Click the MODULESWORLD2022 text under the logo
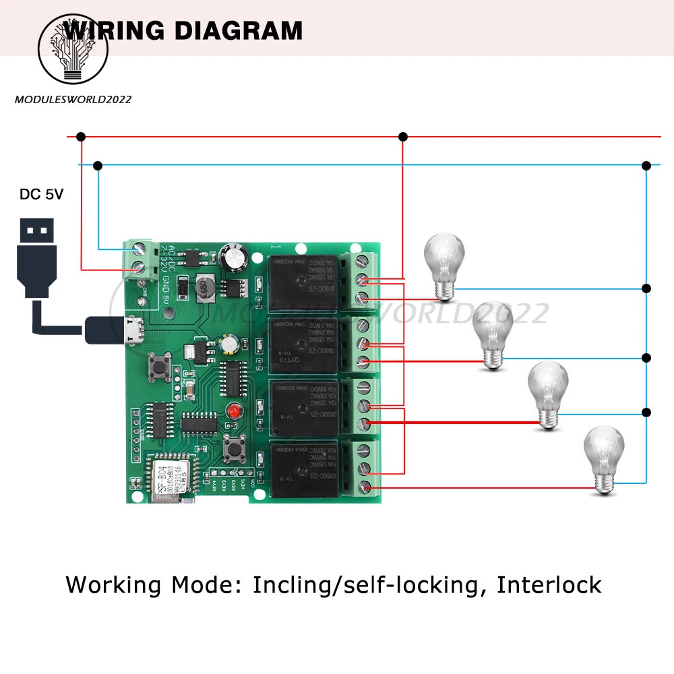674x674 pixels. pos(73,100)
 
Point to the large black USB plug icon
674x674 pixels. pos(38,256)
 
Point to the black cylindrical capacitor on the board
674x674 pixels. pos(233,255)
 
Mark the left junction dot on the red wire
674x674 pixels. pos(81,137)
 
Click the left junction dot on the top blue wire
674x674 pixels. pos(98,164)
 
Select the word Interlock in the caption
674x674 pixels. pos(549,585)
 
